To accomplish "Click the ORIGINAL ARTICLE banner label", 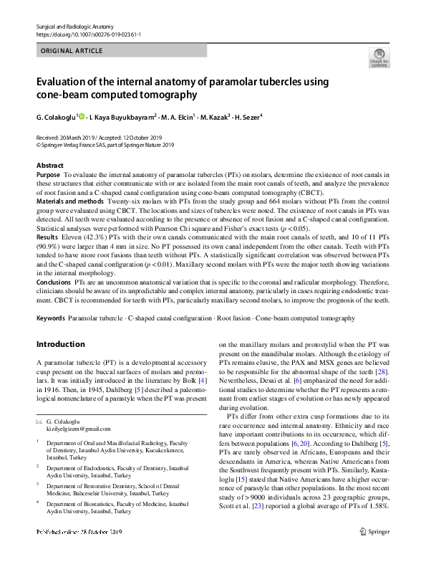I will coord(72,51).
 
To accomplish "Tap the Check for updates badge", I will coord(379,57).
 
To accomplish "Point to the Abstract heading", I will coord(49,166).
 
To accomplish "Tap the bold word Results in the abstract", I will coord(47,236).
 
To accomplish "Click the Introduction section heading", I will coord(60,344).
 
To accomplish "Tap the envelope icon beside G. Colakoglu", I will coord(39,420).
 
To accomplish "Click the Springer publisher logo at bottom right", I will coord(373,553).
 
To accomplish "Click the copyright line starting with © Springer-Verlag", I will coord(105,144).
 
